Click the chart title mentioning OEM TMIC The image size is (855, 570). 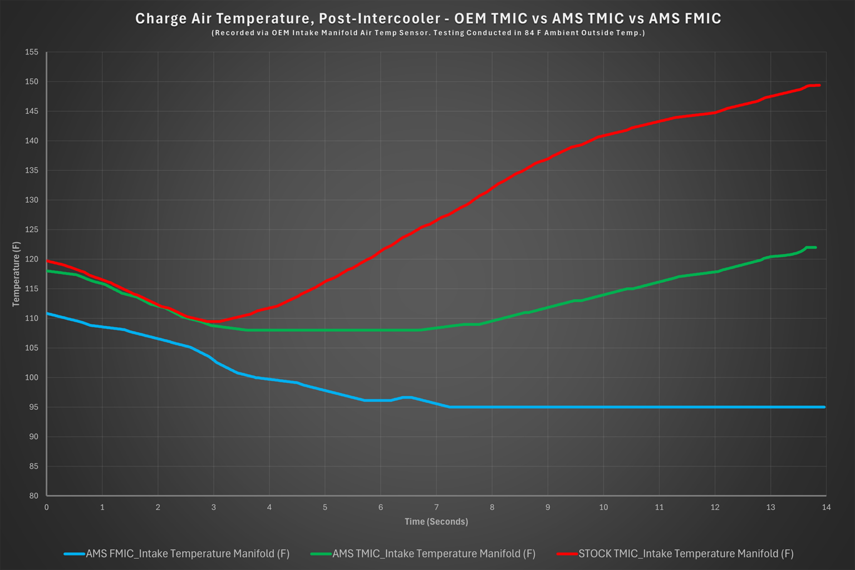(427, 18)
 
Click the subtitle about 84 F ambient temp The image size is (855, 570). (427, 33)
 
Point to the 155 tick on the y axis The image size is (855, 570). (32, 52)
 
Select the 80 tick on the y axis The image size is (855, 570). (33, 495)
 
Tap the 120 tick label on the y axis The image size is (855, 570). (32, 259)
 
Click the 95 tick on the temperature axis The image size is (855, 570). (33, 407)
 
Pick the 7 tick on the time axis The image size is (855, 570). (436, 507)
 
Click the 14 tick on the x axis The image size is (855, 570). (826, 507)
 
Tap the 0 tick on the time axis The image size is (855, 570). (47, 507)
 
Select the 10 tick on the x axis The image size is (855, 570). (603, 507)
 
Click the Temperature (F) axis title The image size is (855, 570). (16, 274)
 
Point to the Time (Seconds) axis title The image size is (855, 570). (436, 522)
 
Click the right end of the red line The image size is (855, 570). (819, 85)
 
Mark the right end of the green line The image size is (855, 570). (815, 247)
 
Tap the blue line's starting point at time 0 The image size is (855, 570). (47, 314)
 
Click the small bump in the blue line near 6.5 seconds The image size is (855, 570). (407, 397)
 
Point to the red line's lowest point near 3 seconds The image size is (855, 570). (215, 321)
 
